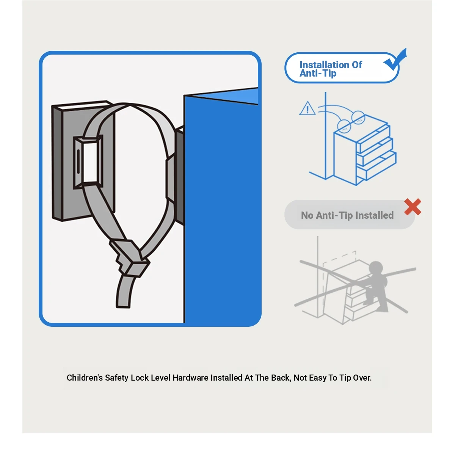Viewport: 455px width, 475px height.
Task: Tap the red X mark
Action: click(413, 207)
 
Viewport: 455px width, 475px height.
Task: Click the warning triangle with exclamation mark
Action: click(308, 108)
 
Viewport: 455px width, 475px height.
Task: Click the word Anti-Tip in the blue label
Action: click(318, 73)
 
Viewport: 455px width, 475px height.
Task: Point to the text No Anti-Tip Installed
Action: click(347, 215)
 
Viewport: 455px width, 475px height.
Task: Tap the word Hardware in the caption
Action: click(190, 378)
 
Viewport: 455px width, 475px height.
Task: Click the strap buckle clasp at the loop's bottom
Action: click(129, 257)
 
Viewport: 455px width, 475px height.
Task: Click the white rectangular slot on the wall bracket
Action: click(90, 162)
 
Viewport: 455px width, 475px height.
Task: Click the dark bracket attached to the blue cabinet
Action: click(180, 176)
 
